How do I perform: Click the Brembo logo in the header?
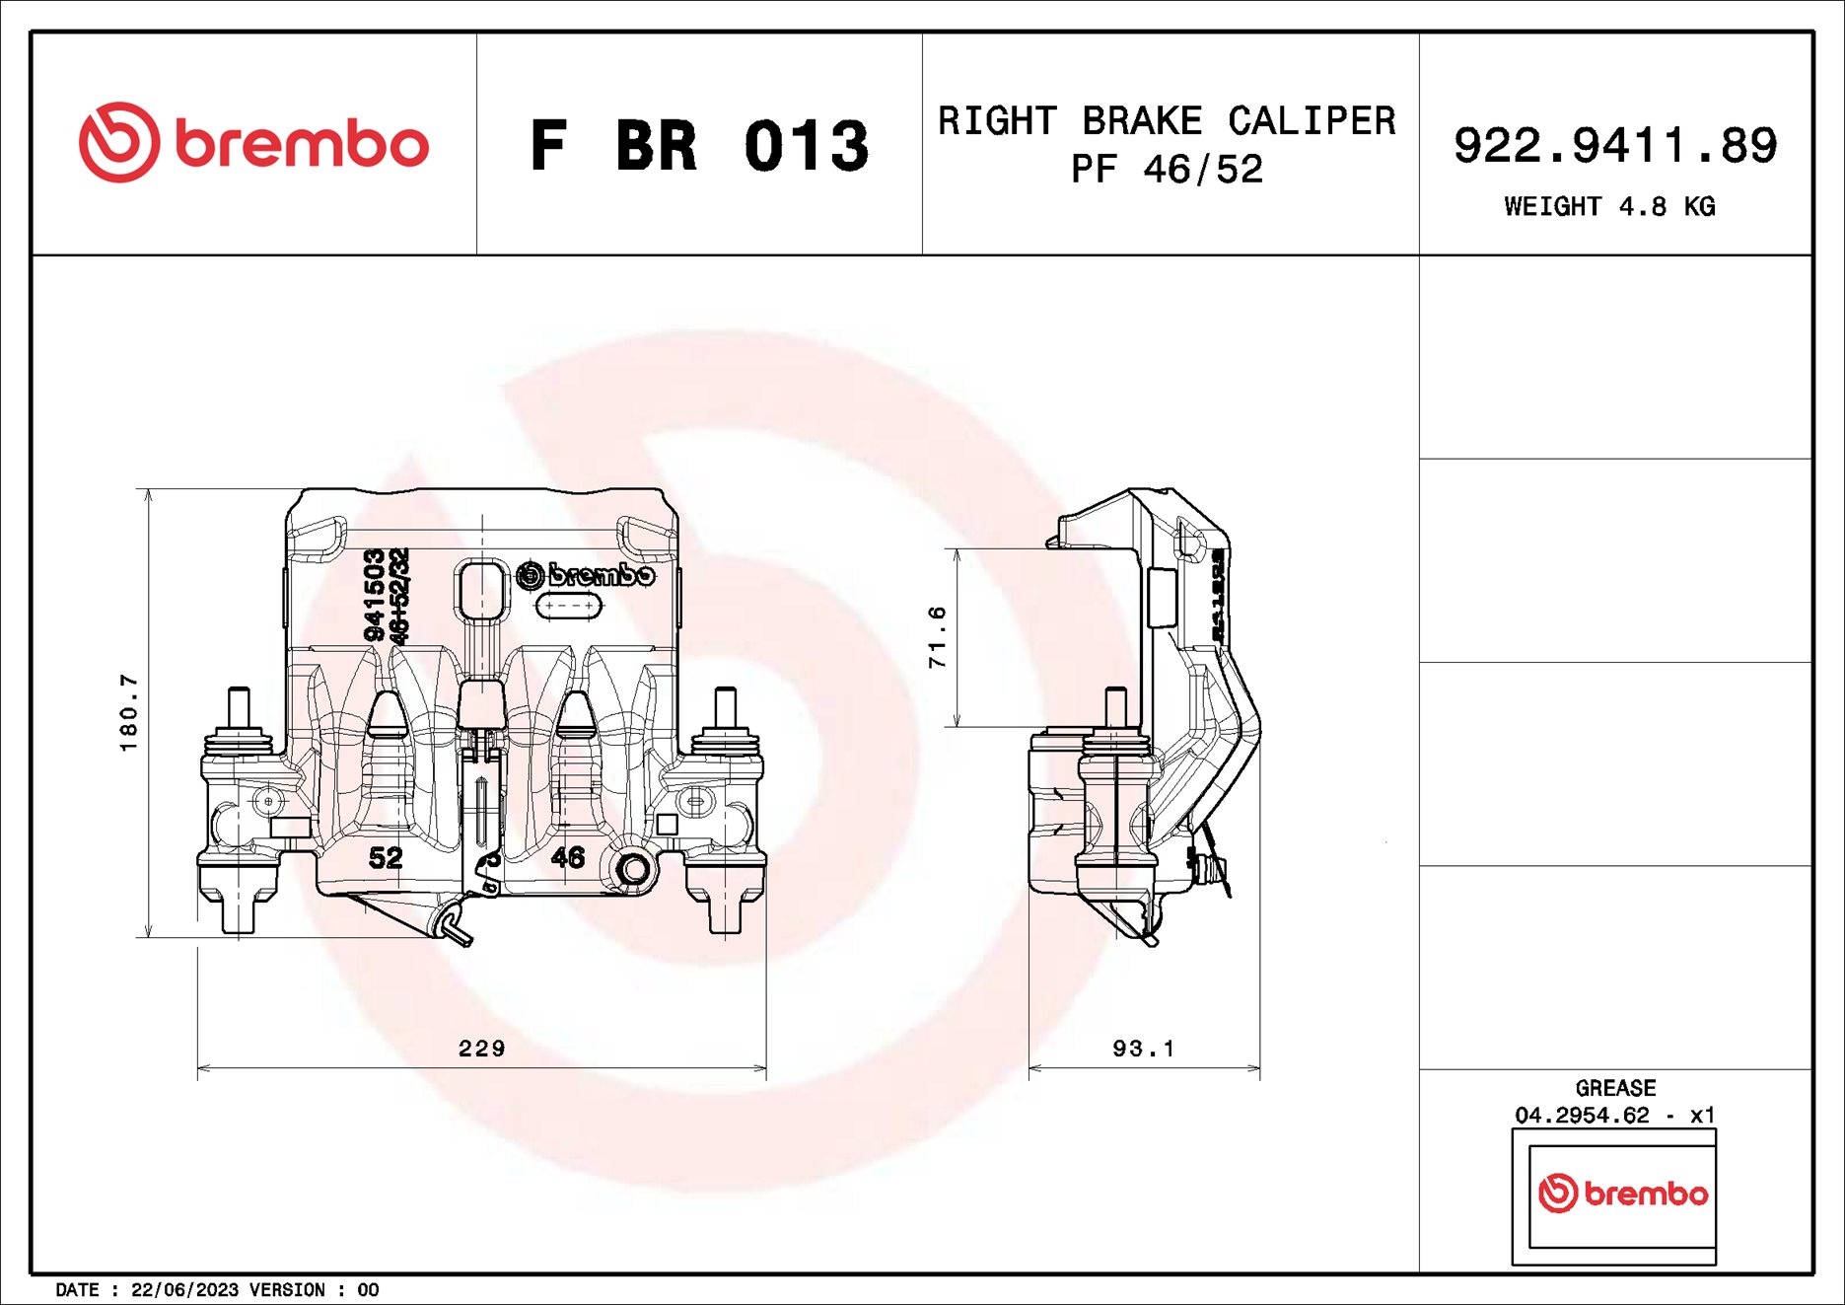(x=253, y=143)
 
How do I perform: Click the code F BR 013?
(x=699, y=146)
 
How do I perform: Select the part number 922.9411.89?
(x=1614, y=145)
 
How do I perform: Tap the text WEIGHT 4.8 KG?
(x=1608, y=206)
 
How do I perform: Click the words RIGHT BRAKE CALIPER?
(x=1167, y=121)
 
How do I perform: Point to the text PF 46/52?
(x=1167, y=170)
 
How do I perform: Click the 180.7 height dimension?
(x=129, y=712)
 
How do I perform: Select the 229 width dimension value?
(x=481, y=1049)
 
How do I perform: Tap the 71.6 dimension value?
(x=937, y=637)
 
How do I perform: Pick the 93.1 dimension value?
(x=1143, y=1049)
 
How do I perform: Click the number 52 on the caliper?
(x=386, y=858)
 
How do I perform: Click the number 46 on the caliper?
(x=568, y=857)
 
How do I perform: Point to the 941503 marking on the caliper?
(x=374, y=595)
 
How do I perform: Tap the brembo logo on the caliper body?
(x=586, y=574)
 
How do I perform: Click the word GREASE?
(x=1614, y=1088)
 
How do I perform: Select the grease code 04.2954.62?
(x=1582, y=1116)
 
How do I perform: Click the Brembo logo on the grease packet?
(x=1622, y=1194)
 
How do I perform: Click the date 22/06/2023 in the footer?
(x=184, y=1290)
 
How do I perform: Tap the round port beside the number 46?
(x=632, y=869)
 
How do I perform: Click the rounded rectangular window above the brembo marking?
(x=481, y=590)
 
